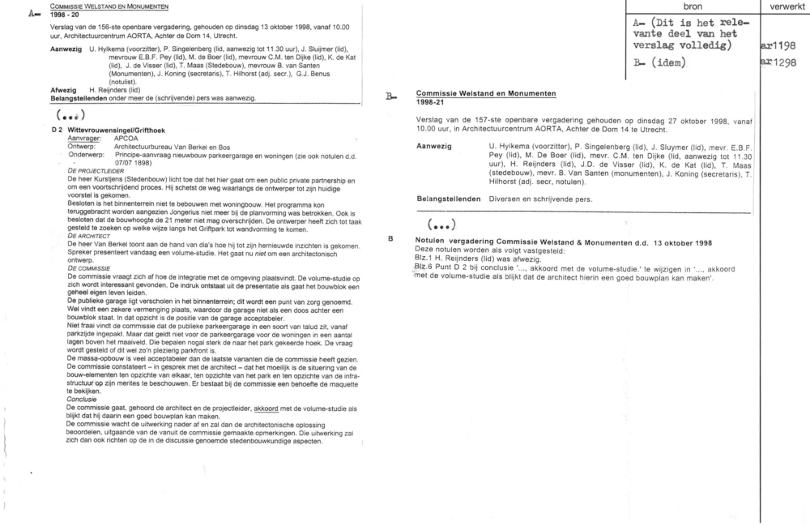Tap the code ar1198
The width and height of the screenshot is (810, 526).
click(779, 45)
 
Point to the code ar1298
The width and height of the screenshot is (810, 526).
click(779, 62)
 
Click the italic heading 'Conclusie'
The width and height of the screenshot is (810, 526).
click(83, 399)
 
